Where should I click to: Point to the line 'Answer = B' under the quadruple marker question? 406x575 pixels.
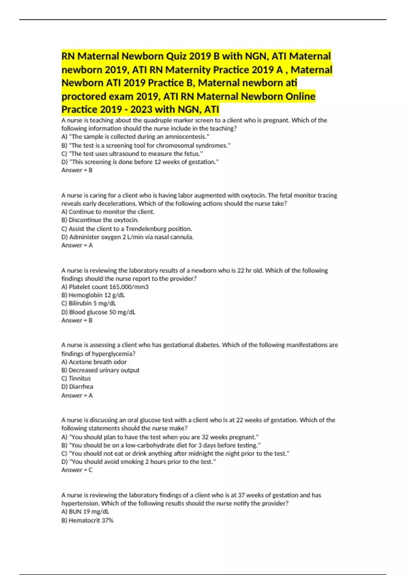(77, 170)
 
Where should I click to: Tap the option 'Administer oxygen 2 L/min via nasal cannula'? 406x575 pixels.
(128, 237)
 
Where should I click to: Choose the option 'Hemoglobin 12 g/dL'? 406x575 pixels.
(93, 295)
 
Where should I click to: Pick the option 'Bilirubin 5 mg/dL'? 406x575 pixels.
(89, 303)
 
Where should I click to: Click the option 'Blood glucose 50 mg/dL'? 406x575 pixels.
(98, 312)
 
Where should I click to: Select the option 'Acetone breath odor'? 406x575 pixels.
(94, 362)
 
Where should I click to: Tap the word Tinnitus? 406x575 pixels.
(80, 378)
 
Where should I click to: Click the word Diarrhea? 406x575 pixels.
(81, 386)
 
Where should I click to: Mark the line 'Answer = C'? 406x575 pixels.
(77, 470)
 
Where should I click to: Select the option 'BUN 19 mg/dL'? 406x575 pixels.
(85, 511)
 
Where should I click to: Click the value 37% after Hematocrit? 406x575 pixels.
(107, 520)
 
